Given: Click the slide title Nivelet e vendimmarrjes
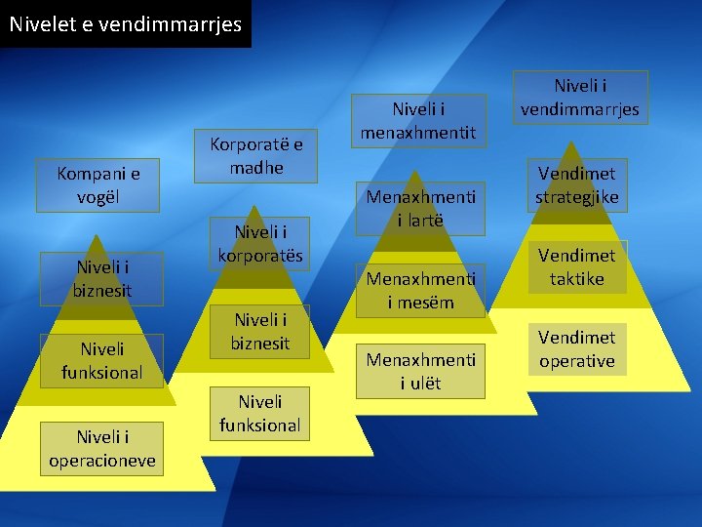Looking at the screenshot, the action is pos(125,23).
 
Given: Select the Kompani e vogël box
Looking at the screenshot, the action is pos(97,185).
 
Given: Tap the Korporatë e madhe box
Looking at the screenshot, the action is pos(257,155).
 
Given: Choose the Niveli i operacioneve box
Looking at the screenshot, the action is pos(102,448).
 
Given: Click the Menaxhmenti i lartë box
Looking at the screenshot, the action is pos(420,209).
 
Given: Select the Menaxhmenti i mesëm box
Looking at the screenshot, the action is pos(420,290).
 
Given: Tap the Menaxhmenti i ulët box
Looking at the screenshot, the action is pos(420,371).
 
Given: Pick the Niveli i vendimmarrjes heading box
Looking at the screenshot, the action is pos(580,97).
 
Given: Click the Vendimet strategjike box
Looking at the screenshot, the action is pos(577,185).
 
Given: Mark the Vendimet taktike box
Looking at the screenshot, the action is pos(577,266).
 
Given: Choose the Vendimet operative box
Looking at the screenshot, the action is pos(577,348).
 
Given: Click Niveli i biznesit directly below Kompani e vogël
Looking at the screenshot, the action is pos(101,278).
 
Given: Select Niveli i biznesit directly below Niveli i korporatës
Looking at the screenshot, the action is pos(260,331).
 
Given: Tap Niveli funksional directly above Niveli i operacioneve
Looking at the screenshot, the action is pos(101,360).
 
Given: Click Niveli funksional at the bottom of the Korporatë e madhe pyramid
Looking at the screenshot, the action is pos(260,413).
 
